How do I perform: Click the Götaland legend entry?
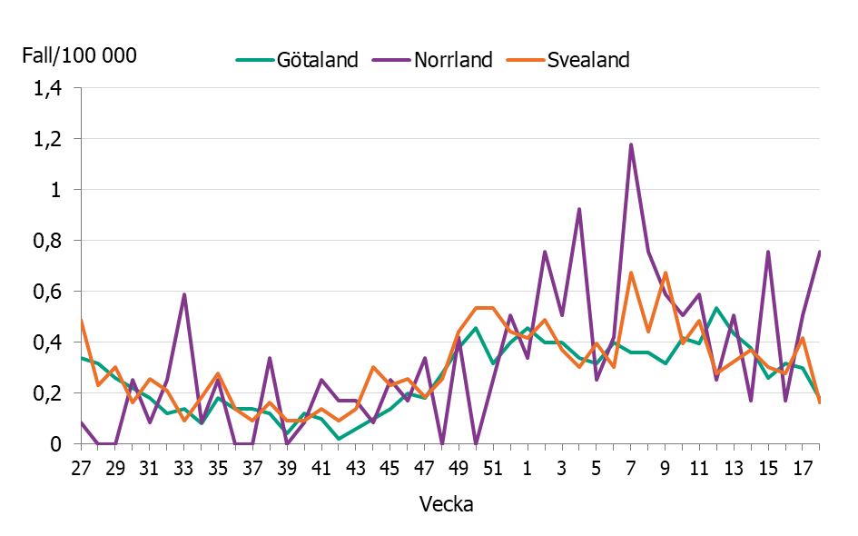point(297,60)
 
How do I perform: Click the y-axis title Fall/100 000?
point(80,56)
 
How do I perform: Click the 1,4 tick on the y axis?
point(48,89)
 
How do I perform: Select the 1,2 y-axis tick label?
point(48,140)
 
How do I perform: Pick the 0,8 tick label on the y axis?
point(48,242)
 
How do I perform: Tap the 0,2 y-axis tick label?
point(48,394)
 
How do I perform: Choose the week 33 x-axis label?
point(184,469)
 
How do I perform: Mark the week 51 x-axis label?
point(493,469)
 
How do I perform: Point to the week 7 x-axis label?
point(630,469)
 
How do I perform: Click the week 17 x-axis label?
point(802,469)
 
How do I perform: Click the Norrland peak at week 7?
point(630,144)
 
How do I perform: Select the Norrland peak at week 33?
point(184,294)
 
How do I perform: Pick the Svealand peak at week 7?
point(630,273)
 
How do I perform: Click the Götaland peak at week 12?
point(715,308)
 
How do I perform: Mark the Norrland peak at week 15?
point(767,252)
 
